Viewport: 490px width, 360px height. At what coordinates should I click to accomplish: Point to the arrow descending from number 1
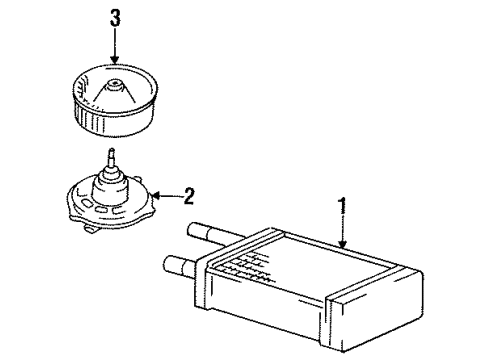point(342,236)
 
